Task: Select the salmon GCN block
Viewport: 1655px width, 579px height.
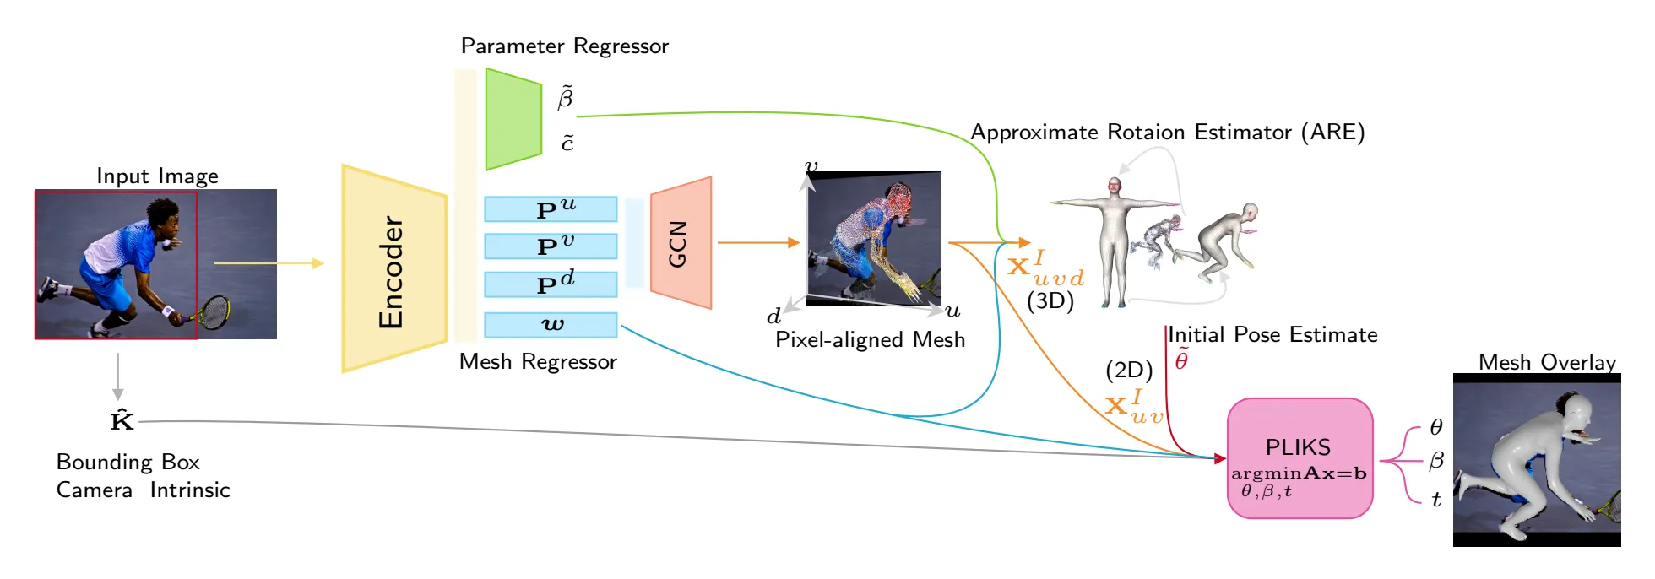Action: coord(681,243)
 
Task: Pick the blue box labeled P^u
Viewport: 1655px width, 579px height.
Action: coord(551,209)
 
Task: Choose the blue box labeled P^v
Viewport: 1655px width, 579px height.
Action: coord(551,246)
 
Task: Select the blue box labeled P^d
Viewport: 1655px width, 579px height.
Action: coord(551,284)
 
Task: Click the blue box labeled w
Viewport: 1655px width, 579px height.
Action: coord(551,325)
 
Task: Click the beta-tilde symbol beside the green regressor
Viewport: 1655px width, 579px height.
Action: coord(566,98)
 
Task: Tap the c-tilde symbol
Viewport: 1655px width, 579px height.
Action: coord(567,143)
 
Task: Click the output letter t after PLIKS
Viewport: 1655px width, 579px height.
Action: coord(1436,500)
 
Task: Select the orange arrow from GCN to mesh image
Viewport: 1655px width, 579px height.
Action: coord(757,243)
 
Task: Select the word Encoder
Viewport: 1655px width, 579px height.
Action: coord(391,272)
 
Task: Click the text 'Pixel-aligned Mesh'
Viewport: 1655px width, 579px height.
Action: coord(870,340)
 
